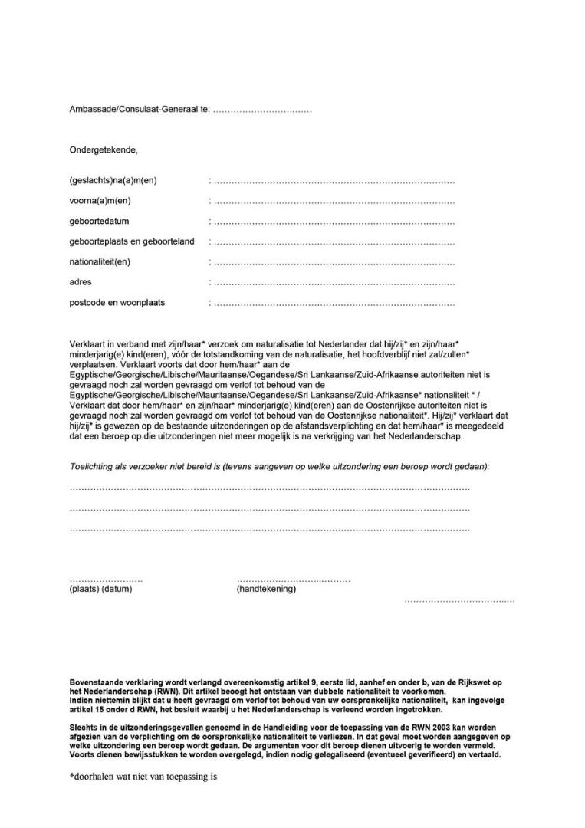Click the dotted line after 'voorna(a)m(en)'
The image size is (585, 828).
coord(334,202)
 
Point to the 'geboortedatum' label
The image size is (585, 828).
coord(99,222)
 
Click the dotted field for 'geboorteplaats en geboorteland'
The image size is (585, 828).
coord(334,242)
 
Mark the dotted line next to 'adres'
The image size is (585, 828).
coord(334,283)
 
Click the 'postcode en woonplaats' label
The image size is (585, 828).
coord(117,303)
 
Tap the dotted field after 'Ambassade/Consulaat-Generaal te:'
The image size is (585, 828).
coord(262,111)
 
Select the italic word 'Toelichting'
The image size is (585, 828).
coord(91,466)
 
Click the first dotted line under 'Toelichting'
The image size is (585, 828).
coord(269,488)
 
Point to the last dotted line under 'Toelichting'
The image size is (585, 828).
coord(269,529)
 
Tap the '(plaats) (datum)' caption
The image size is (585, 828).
coord(100,590)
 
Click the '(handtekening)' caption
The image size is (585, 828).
coord(266,590)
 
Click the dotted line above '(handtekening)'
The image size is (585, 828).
coord(293,580)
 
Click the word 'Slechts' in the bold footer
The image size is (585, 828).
coord(84,726)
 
